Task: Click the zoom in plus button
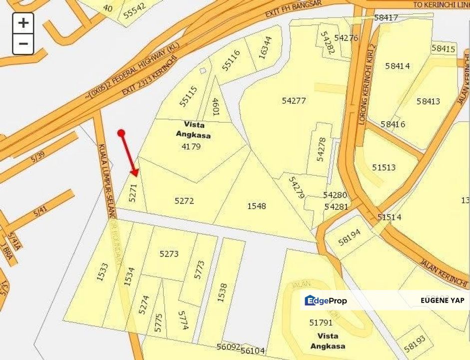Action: (x=23, y=23)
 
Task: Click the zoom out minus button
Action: (x=23, y=44)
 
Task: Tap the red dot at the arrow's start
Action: (x=121, y=133)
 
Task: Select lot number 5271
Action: (x=133, y=192)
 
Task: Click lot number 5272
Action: (x=184, y=201)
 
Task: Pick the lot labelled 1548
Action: (x=257, y=205)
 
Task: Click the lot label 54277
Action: (x=294, y=100)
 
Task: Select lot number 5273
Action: (x=169, y=254)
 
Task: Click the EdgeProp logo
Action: (x=326, y=300)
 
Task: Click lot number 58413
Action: (x=428, y=101)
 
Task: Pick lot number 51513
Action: (x=384, y=167)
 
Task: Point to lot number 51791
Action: (x=321, y=323)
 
